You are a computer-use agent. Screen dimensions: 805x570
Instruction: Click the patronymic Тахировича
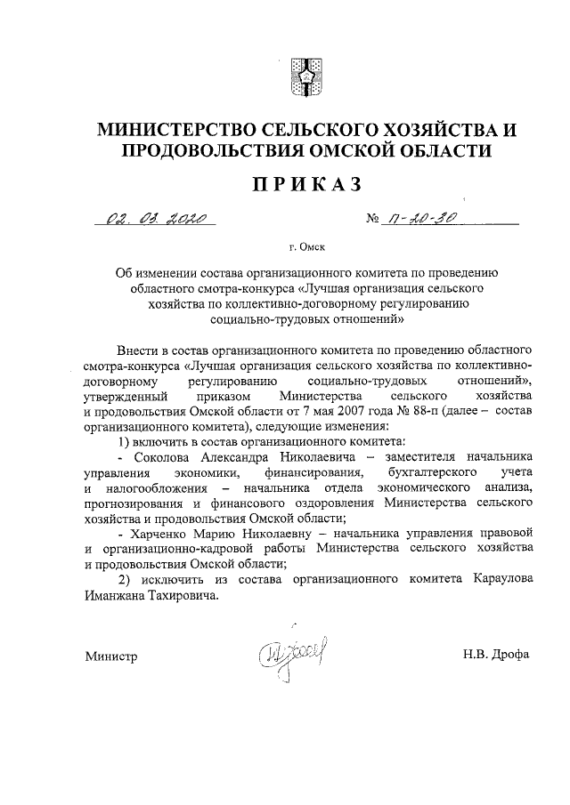pos(180,596)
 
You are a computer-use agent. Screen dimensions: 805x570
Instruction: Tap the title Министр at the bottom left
pos(111,656)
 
